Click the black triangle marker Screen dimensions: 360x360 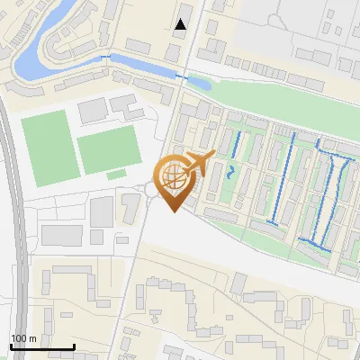(x=181, y=24)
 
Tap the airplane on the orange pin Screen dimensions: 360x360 (x=199, y=165)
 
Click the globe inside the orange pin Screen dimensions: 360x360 (x=173, y=176)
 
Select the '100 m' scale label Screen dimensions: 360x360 (x=23, y=338)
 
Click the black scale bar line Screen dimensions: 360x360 (x=41, y=346)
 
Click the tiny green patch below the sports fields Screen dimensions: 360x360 (x=116, y=174)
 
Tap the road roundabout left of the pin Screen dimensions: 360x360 (x=148, y=190)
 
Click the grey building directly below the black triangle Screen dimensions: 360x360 (x=173, y=52)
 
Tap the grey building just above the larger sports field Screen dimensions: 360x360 (x=93, y=112)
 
